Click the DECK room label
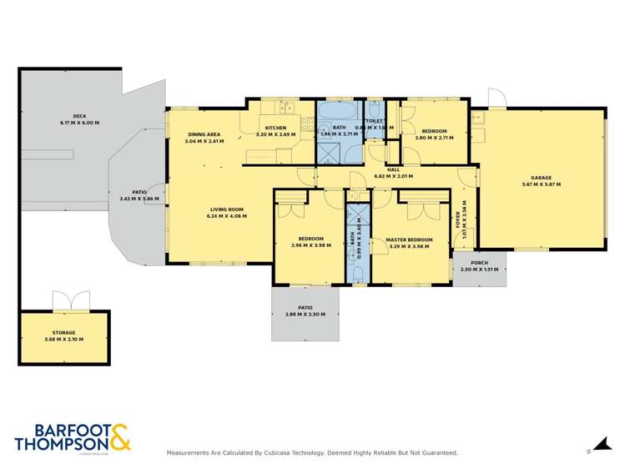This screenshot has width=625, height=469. (79, 116)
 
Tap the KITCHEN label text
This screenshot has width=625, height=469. (275, 128)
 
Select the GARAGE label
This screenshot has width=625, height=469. (542, 178)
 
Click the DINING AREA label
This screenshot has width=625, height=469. (204, 134)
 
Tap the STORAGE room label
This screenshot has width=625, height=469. (64, 333)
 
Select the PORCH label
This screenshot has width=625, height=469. (478, 263)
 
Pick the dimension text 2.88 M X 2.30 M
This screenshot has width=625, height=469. (305, 315)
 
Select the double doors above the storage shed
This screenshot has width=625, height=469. (70, 300)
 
